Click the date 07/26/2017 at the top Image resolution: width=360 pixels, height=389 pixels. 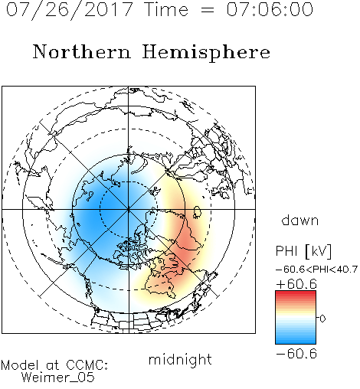click(x=69, y=9)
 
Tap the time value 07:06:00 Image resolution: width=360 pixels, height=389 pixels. click(x=270, y=9)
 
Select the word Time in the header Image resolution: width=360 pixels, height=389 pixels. click(x=166, y=9)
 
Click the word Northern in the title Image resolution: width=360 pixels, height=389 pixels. click(x=82, y=51)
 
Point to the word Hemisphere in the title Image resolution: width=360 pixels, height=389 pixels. click(x=206, y=52)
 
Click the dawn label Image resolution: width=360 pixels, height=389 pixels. click(x=300, y=220)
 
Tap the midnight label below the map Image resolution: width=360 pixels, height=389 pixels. click(x=180, y=359)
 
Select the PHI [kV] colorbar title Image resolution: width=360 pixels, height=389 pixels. click(x=303, y=251)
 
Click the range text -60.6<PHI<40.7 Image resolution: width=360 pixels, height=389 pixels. click(x=316, y=270)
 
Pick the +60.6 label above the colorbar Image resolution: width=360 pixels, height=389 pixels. click(x=296, y=284)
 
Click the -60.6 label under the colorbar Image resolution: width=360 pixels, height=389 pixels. click(x=296, y=354)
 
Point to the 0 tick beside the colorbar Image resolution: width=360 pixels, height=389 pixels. click(x=322, y=319)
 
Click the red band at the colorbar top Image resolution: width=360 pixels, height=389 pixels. click(x=296, y=294)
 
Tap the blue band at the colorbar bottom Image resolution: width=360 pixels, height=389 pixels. click(x=296, y=340)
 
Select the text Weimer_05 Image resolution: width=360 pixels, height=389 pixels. click(x=57, y=378)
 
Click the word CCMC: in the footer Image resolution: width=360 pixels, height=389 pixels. click(x=87, y=365)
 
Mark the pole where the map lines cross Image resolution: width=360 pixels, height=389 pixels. click(x=129, y=209)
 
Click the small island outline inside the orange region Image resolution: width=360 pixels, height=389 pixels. click(x=197, y=212)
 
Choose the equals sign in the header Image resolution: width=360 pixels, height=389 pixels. click(x=208, y=10)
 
